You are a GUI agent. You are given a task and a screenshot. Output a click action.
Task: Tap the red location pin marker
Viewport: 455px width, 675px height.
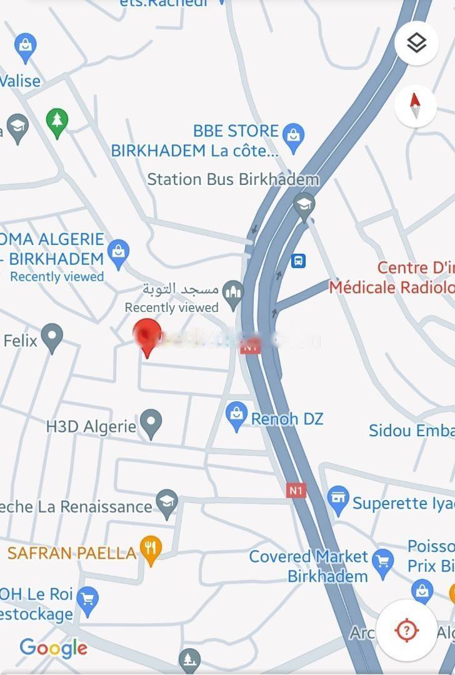click(x=148, y=336)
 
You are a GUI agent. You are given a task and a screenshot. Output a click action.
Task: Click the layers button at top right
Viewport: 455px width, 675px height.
click(x=416, y=43)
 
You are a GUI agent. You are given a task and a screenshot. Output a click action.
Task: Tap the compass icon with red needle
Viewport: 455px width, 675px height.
click(x=416, y=107)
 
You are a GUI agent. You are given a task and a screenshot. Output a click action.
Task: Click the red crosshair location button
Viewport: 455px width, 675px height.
click(x=407, y=629)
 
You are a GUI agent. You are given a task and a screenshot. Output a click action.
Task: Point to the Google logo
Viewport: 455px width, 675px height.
click(x=54, y=648)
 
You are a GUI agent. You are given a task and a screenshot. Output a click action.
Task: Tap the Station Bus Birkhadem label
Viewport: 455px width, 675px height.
click(x=232, y=179)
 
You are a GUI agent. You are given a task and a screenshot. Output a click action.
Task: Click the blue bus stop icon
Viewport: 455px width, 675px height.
click(x=299, y=261)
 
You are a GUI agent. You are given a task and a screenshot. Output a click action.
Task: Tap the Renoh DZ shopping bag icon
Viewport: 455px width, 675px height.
click(x=236, y=417)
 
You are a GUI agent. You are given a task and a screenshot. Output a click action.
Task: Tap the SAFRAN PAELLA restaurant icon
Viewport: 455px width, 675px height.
click(x=151, y=549)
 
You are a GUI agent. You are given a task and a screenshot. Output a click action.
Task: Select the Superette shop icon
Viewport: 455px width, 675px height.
click(x=338, y=500)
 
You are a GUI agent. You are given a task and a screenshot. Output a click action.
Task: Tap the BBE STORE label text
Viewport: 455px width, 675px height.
click(x=236, y=131)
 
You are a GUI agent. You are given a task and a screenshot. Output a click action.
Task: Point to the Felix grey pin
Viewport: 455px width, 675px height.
click(x=52, y=337)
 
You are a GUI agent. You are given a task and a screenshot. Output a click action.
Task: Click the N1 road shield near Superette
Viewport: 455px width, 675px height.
click(x=296, y=490)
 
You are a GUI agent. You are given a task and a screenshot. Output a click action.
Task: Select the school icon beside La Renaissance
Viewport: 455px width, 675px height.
click(x=167, y=503)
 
